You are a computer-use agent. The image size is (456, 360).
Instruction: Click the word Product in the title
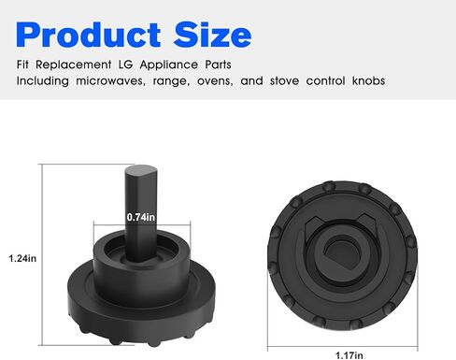click(x=88, y=35)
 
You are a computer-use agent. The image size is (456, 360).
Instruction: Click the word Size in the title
click(x=212, y=35)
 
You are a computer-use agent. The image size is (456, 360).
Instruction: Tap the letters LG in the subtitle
click(x=125, y=65)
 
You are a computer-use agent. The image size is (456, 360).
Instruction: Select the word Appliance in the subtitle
click(x=169, y=65)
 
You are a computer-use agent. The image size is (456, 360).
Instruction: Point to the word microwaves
click(x=110, y=81)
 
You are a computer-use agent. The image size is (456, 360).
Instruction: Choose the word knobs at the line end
click(x=368, y=81)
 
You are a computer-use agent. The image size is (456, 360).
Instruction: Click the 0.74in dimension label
click(x=141, y=217)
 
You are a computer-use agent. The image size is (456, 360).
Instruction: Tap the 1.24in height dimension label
click(x=22, y=258)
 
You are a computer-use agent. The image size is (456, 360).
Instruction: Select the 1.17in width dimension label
click(x=349, y=355)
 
